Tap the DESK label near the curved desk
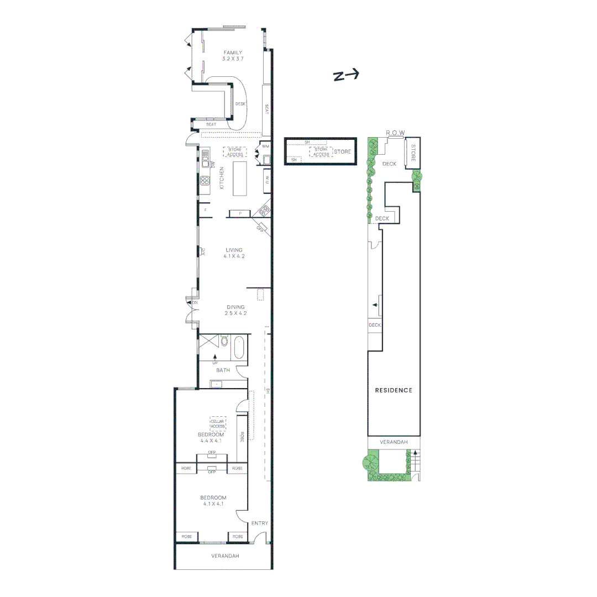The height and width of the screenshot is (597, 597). pyautogui.click(x=240, y=104)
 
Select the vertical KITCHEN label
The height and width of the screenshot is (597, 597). pyautogui.click(x=222, y=178)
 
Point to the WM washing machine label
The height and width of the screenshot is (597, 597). pyautogui.click(x=265, y=146)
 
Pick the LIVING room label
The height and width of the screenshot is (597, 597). pyautogui.click(x=233, y=250)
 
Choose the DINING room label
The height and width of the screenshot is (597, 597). pyautogui.click(x=235, y=307)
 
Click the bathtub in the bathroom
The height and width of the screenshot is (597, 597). pyautogui.click(x=239, y=347)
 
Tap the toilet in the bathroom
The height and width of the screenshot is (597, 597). pyautogui.click(x=224, y=341)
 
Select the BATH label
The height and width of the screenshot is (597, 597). pyautogui.click(x=223, y=370)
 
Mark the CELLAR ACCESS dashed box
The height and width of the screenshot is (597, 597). pyautogui.click(x=217, y=423)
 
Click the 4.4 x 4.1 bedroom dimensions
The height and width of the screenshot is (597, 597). pyautogui.click(x=211, y=441)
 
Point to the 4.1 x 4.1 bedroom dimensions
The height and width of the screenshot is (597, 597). pyautogui.click(x=213, y=504)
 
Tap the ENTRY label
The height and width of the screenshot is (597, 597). pyautogui.click(x=260, y=523)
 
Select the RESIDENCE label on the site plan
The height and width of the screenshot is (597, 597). pyautogui.click(x=394, y=390)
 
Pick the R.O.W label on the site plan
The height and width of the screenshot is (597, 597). pyautogui.click(x=395, y=133)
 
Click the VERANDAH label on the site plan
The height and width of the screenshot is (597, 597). pyautogui.click(x=394, y=442)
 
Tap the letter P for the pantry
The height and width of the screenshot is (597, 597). pyautogui.click(x=240, y=213)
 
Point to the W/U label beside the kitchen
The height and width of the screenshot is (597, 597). pyautogui.click(x=267, y=179)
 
